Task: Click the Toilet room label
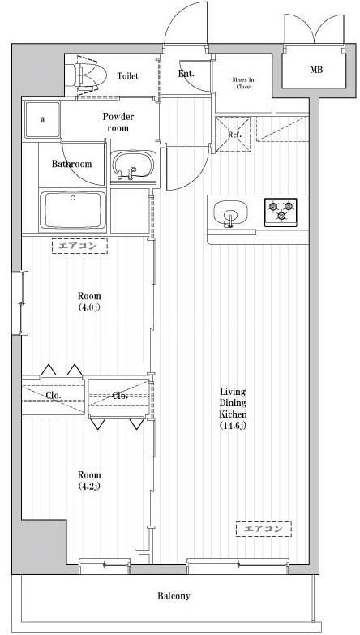tap(127, 76)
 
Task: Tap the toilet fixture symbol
tap(89, 75)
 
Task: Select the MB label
tap(316, 70)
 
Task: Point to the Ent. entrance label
tap(186, 75)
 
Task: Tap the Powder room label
tap(118, 122)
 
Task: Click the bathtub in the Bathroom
tap(75, 210)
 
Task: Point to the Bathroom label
tap(72, 164)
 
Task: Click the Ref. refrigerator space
tap(234, 134)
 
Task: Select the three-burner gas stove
tap(281, 211)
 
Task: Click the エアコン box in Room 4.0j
tap(80, 247)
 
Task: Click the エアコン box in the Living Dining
tap(264, 530)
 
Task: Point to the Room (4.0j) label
tap(89, 302)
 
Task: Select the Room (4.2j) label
tap(89, 480)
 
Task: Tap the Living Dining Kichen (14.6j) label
tap(233, 408)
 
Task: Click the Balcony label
tap(173, 596)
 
